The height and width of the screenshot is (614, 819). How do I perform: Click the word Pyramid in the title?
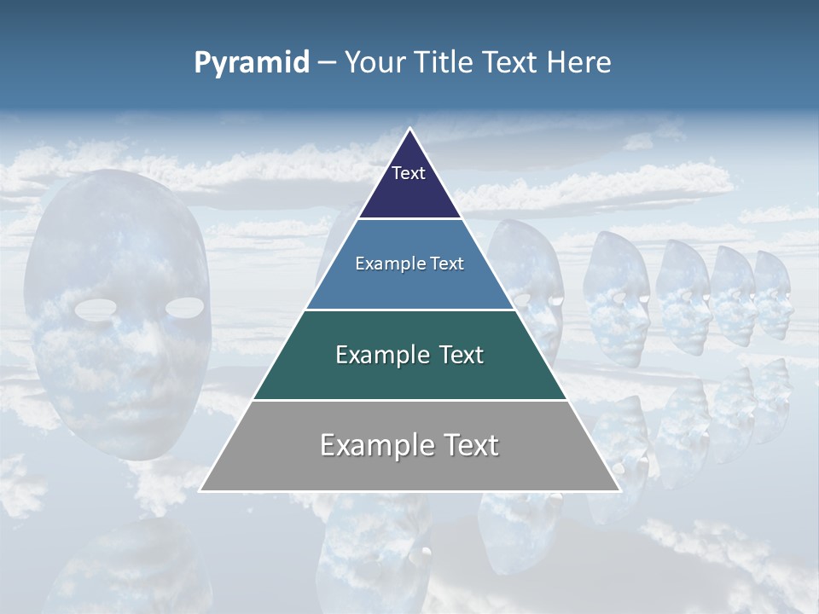(x=252, y=63)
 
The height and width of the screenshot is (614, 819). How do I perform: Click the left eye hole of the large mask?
(x=96, y=310)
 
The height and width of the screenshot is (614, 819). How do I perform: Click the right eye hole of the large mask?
(x=185, y=306)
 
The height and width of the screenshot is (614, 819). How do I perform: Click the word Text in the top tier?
(x=409, y=173)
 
